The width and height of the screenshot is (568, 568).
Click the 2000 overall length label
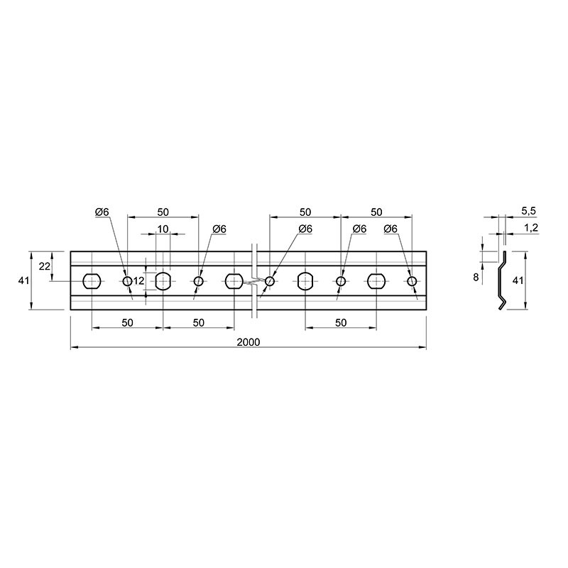coord(248,342)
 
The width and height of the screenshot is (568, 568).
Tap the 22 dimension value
coord(44,266)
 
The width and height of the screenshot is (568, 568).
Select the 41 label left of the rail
coord(23,280)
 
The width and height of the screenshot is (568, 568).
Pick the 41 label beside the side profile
coord(518,280)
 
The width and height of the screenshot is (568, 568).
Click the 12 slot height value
coord(138,280)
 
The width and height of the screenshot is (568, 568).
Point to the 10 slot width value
coord(163,229)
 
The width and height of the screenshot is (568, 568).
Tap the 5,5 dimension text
coord(528,211)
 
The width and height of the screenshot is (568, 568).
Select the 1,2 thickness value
coord(530,228)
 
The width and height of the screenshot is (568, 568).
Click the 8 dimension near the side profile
coord(476,277)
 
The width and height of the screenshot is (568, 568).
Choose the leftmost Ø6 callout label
coord(102,212)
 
